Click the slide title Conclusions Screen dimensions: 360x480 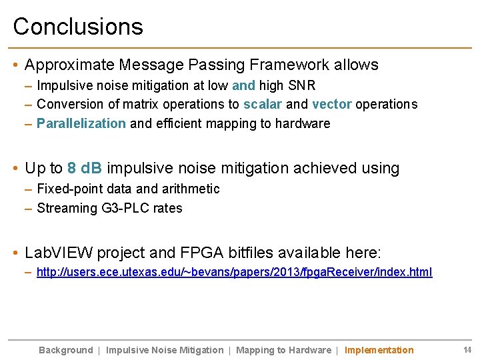coord(78,27)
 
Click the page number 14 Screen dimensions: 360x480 coord(467,350)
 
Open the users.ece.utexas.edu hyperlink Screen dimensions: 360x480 coord(234,272)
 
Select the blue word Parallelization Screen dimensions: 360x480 coord(81,123)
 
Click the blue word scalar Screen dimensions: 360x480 coord(263,104)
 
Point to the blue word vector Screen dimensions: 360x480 coord(331,104)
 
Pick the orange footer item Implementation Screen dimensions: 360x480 coord(379,350)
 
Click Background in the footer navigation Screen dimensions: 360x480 coord(66,350)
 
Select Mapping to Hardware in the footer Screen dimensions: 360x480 coord(283,350)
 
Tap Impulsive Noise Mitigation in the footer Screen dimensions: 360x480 coord(165,350)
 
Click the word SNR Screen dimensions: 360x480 coord(302,85)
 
